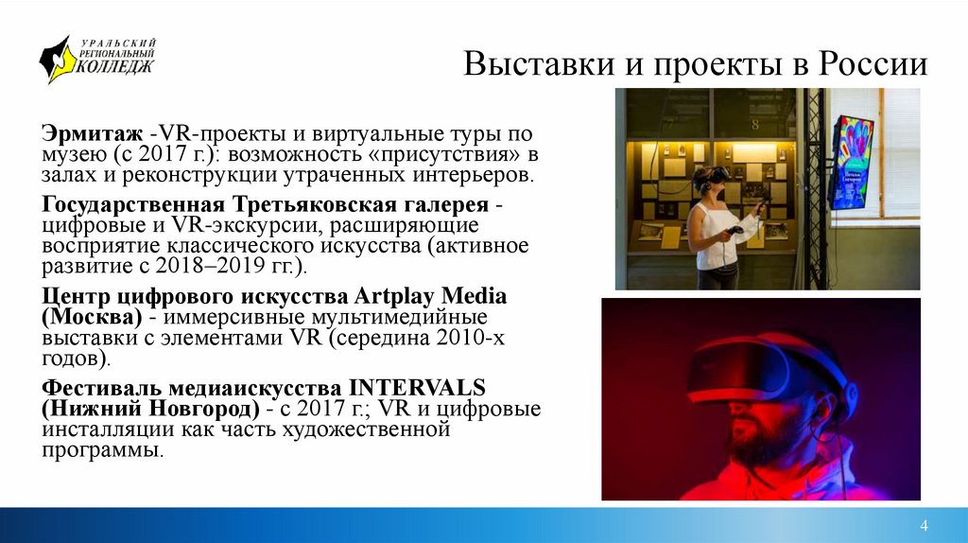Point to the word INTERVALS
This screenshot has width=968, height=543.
[x=417, y=387]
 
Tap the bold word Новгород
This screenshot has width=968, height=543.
[x=199, y=410]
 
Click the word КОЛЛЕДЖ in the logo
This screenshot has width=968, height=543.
[x=114, y=67]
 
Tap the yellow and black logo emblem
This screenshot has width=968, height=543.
[x=56, y=59]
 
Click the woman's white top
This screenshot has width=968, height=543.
[x=716, y=236]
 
